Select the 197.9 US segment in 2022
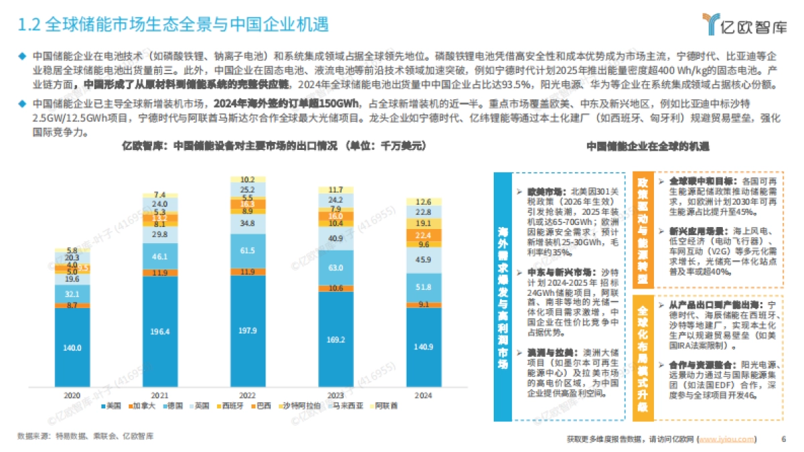248,331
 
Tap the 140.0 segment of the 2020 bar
73,348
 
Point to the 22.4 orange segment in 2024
423,235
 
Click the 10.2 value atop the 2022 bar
248,179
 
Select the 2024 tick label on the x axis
423,395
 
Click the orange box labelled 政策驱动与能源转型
642,230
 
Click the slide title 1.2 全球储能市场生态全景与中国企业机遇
172,25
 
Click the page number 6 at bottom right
783,439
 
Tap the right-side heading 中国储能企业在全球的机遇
647,145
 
